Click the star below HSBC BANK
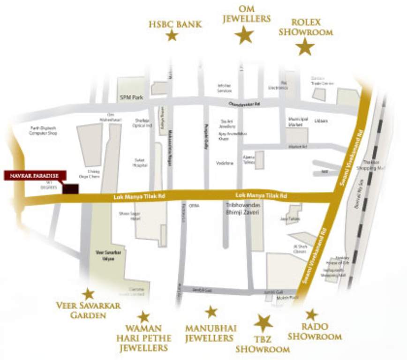172,35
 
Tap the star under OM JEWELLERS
244,35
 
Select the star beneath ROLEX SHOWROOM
306,47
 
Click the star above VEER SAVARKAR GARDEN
88,294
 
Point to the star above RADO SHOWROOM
312,315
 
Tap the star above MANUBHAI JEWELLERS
211,312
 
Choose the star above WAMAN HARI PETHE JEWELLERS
143,317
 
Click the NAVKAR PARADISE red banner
34,175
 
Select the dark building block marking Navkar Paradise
71,189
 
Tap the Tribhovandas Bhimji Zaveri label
242,209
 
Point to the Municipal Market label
298,122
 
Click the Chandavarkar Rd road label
244,105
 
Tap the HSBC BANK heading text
175,24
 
